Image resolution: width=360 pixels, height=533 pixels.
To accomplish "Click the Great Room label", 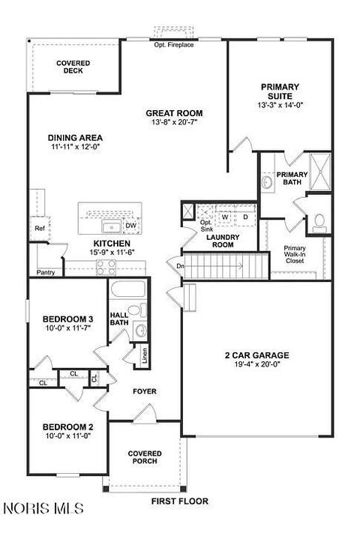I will (174, 113).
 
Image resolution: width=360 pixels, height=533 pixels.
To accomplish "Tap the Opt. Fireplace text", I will (173, 45).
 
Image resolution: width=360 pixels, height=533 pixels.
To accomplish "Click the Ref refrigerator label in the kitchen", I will (37, 228).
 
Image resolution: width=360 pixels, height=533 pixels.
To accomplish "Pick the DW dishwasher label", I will (130, 225).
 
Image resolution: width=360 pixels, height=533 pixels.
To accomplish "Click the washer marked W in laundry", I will (223, 217).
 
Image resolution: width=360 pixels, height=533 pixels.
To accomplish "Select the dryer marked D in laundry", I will (244, 217).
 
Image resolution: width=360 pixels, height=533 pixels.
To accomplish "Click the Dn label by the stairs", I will (181, 265).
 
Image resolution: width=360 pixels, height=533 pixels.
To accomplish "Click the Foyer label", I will (145, 391).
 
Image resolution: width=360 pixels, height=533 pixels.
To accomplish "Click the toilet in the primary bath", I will (319, 221).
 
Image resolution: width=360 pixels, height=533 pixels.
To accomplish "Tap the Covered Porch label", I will (143, 458).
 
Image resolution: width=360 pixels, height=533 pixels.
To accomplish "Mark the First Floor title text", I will (180, 501).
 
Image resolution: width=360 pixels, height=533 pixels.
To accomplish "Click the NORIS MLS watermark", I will (43, 509).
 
